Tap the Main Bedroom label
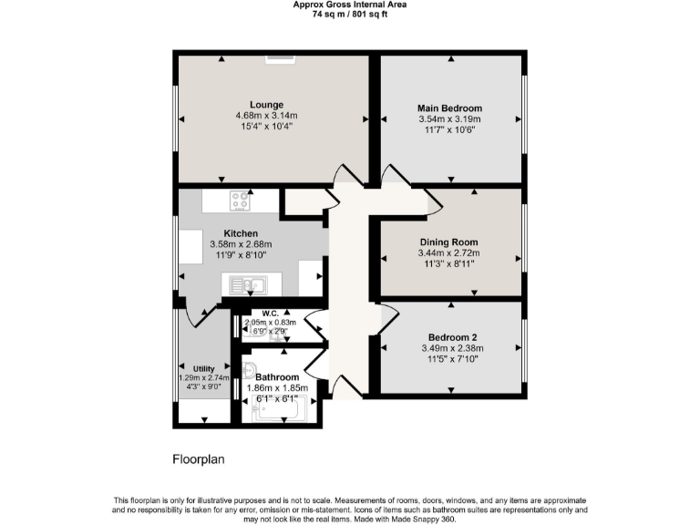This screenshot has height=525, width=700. [449, 108]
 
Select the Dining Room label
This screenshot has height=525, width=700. [448, 242]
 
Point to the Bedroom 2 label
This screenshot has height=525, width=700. [449, 336]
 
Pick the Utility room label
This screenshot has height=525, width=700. [203, 368]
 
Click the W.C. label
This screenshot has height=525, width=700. [270, 315]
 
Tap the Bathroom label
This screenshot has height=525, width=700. [277, 376]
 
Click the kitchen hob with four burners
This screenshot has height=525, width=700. [242, 198]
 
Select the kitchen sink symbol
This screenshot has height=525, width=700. [245, 286]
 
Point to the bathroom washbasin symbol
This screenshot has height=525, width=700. [249, 370]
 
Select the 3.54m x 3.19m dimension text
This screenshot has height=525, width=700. [449, 119]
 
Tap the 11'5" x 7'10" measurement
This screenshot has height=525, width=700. [449, 358]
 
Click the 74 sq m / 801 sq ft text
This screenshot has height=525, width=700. [350, 15]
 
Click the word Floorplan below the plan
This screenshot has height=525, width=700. [198, 460]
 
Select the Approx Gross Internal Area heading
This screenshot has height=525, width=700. [350, 5]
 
